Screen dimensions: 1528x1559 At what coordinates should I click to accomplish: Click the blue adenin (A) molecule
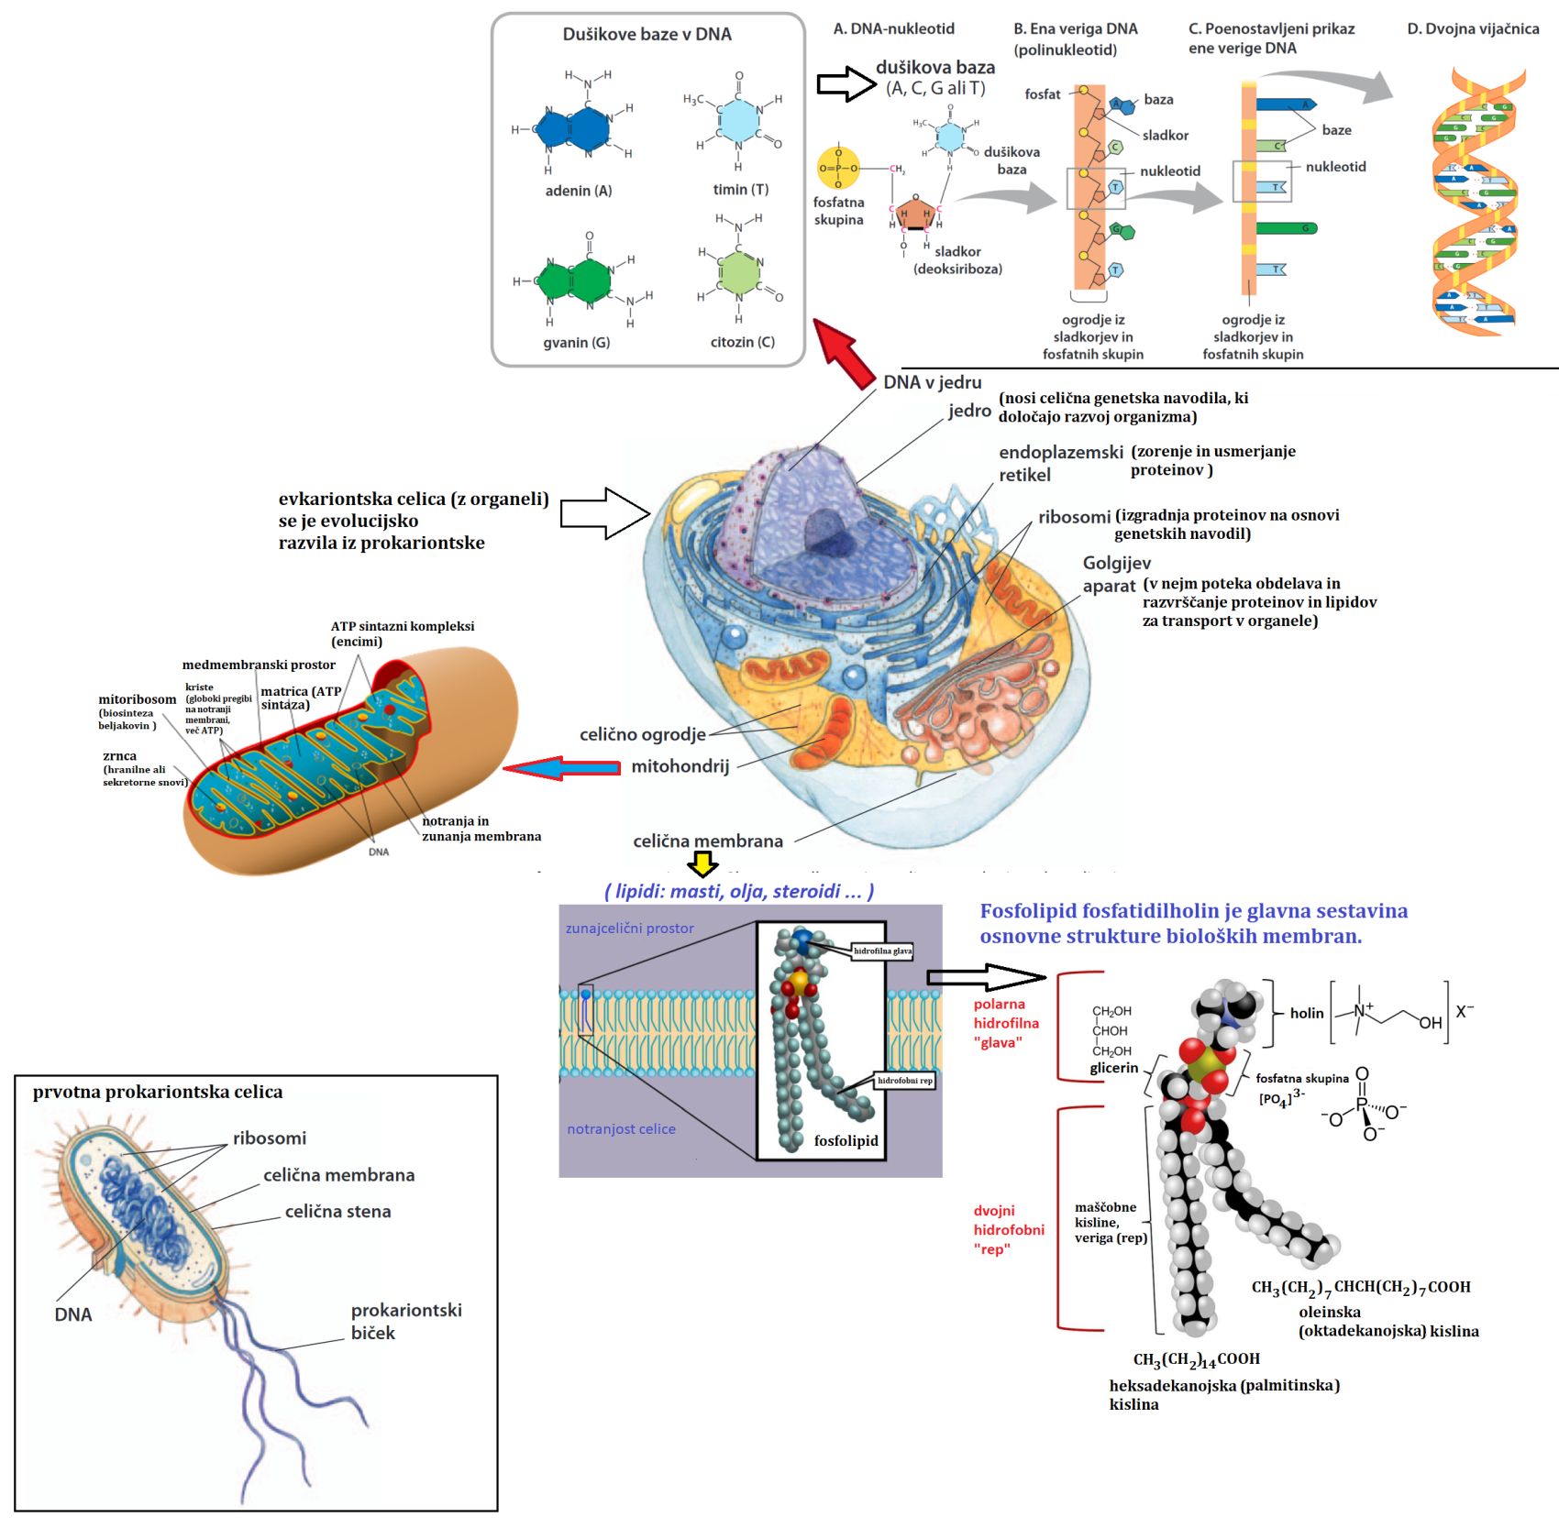(x=572, y=128)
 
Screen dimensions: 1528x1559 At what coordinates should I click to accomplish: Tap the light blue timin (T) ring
(x=739, y=120)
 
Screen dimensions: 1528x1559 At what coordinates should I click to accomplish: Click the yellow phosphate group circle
(x=837, y=169)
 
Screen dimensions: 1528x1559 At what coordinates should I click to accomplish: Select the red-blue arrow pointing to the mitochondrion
(x=561, y=768)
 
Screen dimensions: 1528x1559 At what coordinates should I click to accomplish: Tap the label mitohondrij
(x=680, y=766)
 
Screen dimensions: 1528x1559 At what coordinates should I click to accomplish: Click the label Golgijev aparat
(x=1115, y=574)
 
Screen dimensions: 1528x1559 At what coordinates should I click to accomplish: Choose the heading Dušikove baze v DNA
(x=647, y=35)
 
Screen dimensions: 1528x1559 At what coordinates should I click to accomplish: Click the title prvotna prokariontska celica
(x=158, y=1092)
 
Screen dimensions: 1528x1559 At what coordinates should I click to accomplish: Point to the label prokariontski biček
(x=405, y=1321)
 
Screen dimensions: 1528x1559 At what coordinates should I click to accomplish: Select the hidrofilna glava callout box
(x=882, y=951)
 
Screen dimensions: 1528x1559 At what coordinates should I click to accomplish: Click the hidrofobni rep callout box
(x=904, y=1081)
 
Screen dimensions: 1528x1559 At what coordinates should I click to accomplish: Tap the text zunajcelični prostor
(x=629, y=929)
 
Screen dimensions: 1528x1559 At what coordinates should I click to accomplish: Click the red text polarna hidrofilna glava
(x=1006, y=1023)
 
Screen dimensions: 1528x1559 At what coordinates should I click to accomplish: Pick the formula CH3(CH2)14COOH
(x=1196, y=1359)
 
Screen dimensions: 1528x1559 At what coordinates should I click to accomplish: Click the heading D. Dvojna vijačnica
(x=1473, y=29)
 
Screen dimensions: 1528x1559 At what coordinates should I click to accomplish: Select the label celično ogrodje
(x=642, y=734)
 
